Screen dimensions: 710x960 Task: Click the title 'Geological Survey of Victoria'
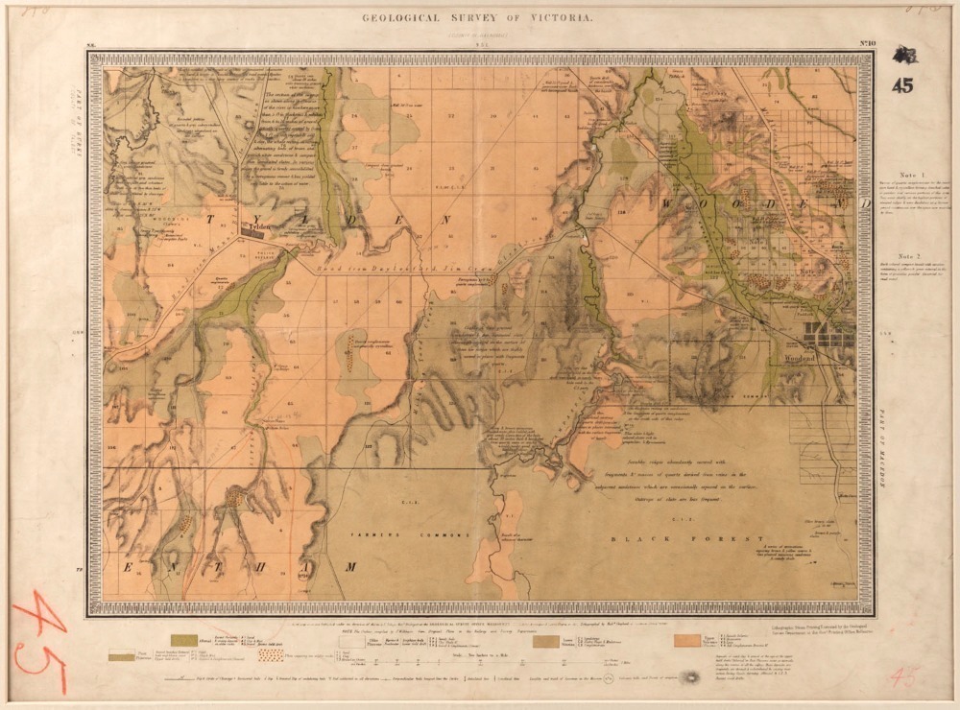476,18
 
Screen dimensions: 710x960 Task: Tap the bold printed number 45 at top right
901,85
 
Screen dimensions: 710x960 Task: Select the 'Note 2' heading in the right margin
911,256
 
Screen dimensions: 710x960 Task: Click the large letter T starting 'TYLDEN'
209,220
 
